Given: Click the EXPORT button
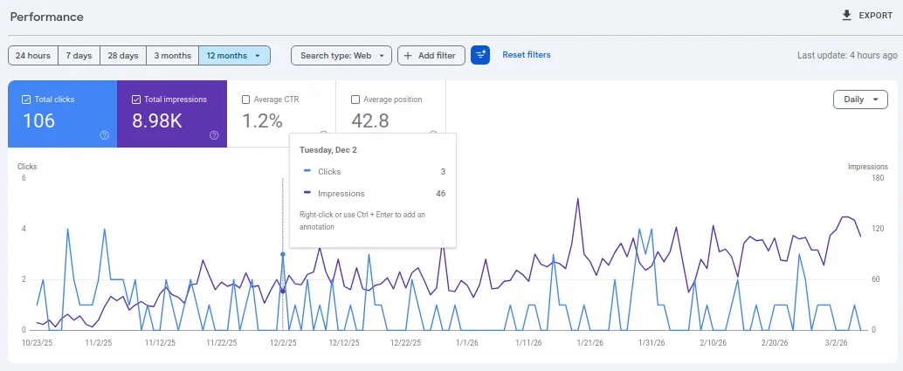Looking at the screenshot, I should click(866, 16).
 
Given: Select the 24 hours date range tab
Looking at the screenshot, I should click(33, 55).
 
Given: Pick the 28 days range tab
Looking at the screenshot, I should click(123, 55).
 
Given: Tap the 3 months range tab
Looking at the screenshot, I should click(172, 55).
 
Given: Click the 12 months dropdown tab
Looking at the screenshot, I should click(234, 55).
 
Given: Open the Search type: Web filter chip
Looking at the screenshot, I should click(341, 55).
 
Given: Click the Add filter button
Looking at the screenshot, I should click(431, 55).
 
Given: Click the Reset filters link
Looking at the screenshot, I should click(526, 55).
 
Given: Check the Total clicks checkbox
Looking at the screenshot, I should click(26, 100).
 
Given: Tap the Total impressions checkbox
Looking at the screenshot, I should click(136, 100).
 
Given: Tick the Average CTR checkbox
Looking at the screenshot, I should click(245, 100).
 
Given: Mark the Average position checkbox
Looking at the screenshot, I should click(355, 100).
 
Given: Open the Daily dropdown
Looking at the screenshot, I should click(860, 100).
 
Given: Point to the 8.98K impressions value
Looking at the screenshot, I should click(157, 121).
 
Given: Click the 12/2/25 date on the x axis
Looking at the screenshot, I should click(281, 343).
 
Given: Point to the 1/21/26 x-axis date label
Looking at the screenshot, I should click(591, 343).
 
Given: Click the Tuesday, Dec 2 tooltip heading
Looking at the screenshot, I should click(328, 150).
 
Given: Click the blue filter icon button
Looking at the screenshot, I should click(480, 55).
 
